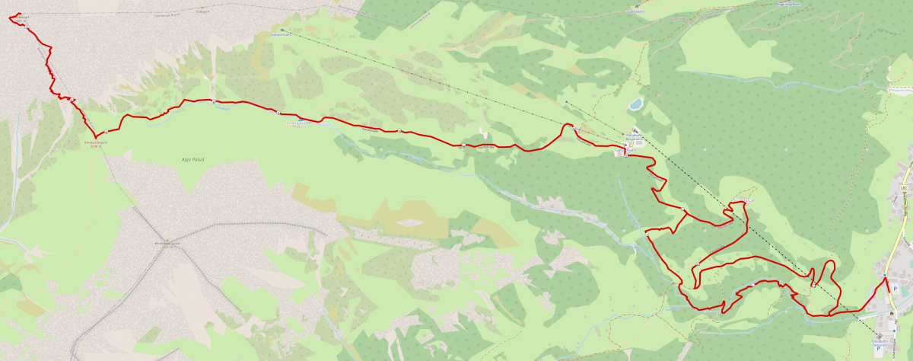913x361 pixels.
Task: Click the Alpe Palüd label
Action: [x=193, y=159]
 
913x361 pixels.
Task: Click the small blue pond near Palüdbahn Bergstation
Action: [x=635, y=104]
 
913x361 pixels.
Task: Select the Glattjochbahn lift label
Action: [x=282, y=34]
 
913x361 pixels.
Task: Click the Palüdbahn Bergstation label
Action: [x=635, y=137]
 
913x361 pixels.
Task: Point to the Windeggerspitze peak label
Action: [x=165, y=244]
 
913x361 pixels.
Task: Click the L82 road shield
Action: [x=904, y=186]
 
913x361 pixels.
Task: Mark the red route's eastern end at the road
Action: [x=886, y=279]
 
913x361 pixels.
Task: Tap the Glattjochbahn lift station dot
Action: [x=282, y=30]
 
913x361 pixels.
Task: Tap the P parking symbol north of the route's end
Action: [x=896, y=289]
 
